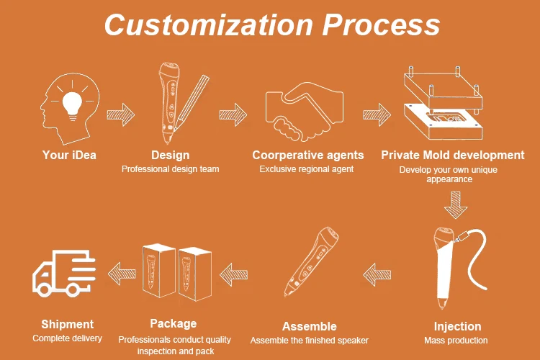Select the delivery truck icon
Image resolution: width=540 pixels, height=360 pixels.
(x=63, y=272)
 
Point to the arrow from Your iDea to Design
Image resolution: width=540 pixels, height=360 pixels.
(x=120, y=113)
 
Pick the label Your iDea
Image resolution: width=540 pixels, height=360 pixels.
(x=69, y=155)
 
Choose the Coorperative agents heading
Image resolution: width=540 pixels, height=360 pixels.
(x=307, y=155)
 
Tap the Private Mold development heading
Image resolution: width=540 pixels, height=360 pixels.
(x=453, y=155)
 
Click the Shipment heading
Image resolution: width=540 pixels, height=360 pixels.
(x=67, y=324)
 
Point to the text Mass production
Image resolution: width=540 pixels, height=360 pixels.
(x=457, y=340)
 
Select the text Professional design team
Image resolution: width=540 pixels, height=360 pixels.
(x=170, y=169)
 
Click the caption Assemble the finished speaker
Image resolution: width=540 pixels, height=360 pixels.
(x=309, y=340)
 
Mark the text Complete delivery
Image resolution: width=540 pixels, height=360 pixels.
(x=67, y=338)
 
